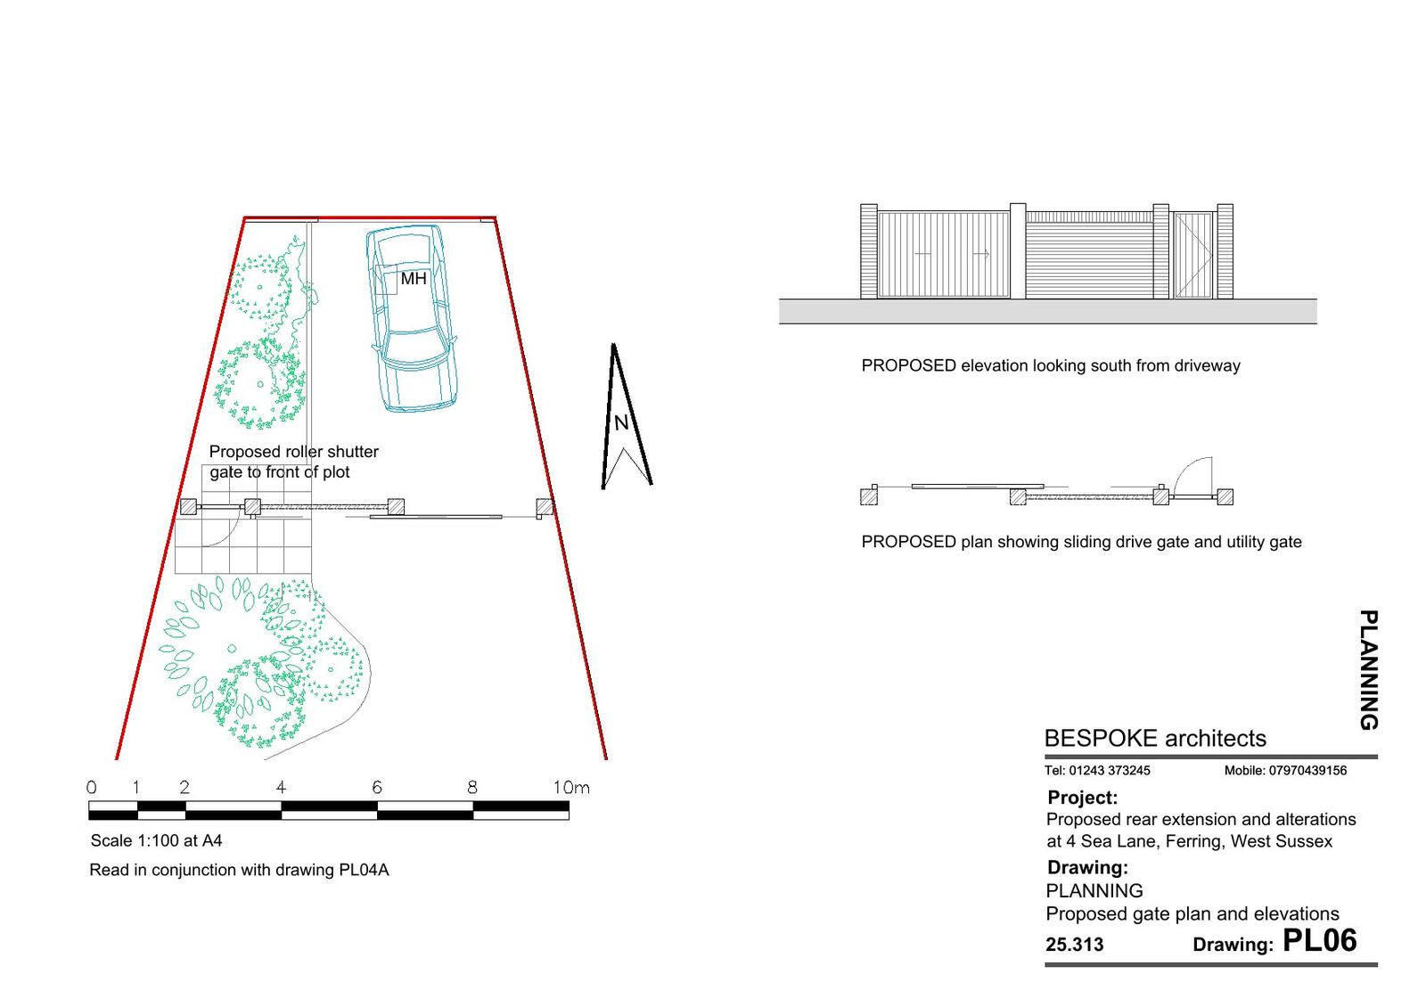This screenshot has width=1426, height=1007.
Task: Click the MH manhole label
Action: [414, 279]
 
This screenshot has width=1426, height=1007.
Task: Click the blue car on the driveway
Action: [413, 318]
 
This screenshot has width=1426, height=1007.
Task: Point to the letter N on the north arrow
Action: [621, 422]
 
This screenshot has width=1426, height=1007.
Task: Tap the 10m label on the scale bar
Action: [571, 788]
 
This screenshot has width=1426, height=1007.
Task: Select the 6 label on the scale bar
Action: [377, 788]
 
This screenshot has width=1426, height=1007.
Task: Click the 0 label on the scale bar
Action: [92, 788]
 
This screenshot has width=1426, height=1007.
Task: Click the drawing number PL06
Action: [1320, 941]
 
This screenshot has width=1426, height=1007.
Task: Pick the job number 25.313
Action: [1075, 945]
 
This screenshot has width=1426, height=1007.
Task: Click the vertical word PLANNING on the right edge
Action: [1369, 670]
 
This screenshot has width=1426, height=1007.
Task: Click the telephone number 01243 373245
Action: [1110, 770]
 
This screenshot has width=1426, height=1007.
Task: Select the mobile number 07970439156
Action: [1307, 770]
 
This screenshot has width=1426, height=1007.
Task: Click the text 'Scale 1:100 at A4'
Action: [156, 841]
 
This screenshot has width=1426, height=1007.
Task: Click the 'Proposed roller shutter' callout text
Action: [294, 451]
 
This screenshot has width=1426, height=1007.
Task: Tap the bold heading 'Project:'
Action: [1082, 798]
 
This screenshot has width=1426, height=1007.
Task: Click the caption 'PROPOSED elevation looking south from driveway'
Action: [1051, 366]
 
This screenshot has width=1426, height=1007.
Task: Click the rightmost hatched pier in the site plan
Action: [545, 507]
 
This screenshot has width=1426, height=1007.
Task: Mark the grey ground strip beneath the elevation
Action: [1048, 311]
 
